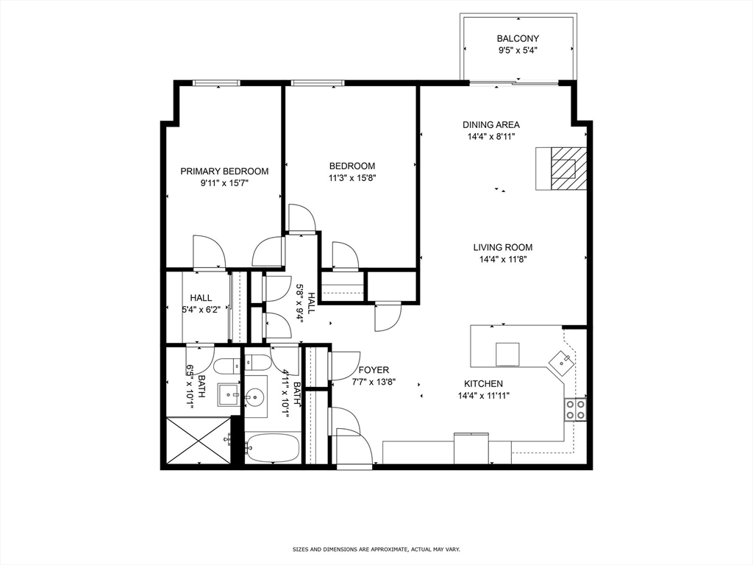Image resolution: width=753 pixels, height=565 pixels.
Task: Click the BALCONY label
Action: tap(518, 38)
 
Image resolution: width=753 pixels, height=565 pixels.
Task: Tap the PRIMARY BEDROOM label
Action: tap(224, 171)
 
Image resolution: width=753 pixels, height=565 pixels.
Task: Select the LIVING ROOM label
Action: tap(503, 247)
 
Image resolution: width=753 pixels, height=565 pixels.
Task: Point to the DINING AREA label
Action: tap(490, 125)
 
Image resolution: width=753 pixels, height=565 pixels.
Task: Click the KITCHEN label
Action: tap(483, 384)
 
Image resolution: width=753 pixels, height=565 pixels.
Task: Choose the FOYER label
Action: tap(374, 370)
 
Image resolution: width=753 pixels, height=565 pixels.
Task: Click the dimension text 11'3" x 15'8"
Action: tap(352, 178)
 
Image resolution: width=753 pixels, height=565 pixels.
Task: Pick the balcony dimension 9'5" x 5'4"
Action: tap(518, 51)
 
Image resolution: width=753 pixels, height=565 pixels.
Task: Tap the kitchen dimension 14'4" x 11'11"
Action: tap(484, 396)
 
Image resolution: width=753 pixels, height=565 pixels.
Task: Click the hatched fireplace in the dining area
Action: tap(568, 168)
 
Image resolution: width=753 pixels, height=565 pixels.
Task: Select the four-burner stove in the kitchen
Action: tap(575, 409)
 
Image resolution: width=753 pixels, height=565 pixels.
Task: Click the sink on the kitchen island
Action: tap(507, 355)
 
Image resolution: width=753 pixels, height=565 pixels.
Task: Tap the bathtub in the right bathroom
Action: tap(273, 447)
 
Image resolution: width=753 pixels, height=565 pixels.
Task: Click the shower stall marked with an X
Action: tap(199, 441)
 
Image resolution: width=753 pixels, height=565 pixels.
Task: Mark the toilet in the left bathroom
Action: tap(226, 366)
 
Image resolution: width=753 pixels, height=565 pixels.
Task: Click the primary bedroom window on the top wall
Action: tap(216, 83)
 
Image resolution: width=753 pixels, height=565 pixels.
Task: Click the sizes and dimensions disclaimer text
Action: tap(376, 549)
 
